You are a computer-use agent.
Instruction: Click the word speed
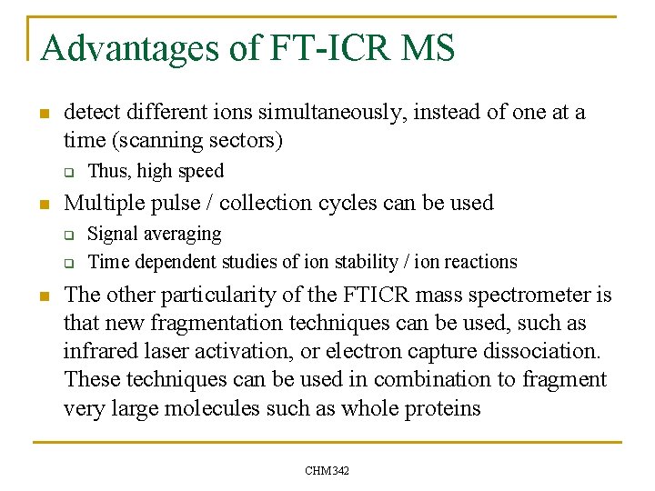click(x=201, y=171)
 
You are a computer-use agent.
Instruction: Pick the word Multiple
click(x=104, y=202)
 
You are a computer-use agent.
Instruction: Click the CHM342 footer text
click(x=327, y=470)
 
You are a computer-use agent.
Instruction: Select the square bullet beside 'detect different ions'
click(x=42, y=114)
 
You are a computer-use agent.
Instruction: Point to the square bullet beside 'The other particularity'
click(x=42, y=296)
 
